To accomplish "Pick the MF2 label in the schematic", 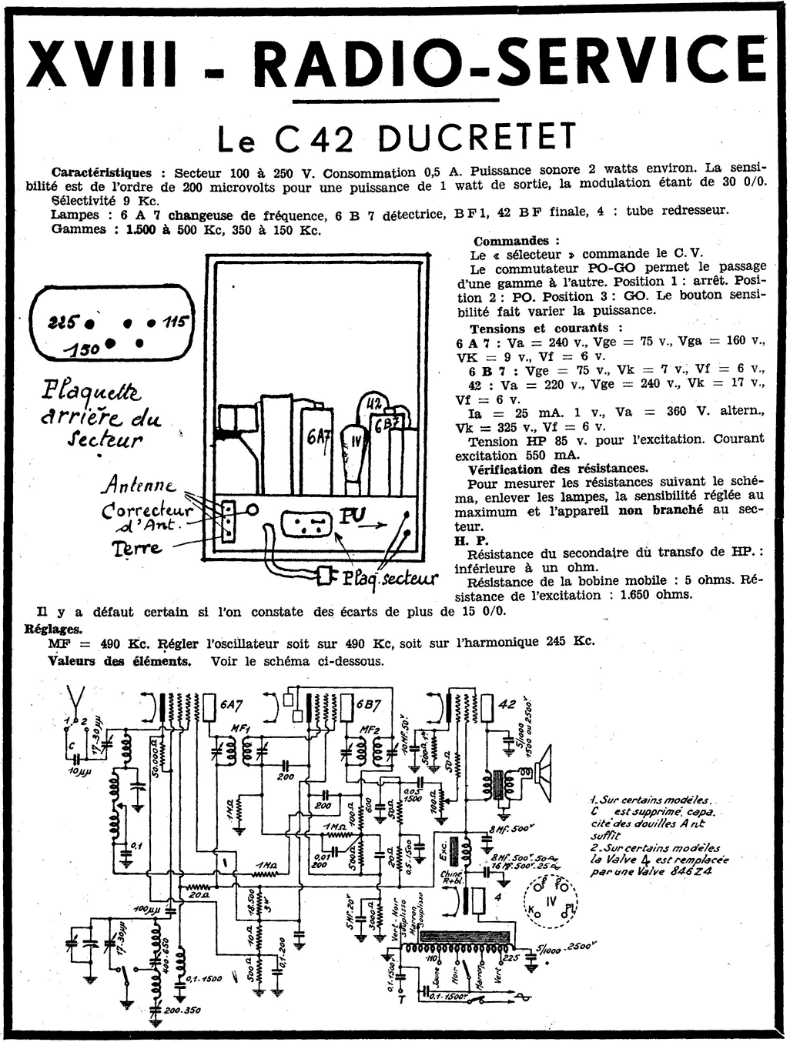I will click(371, 729).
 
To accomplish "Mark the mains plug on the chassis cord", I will click(326, 575).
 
